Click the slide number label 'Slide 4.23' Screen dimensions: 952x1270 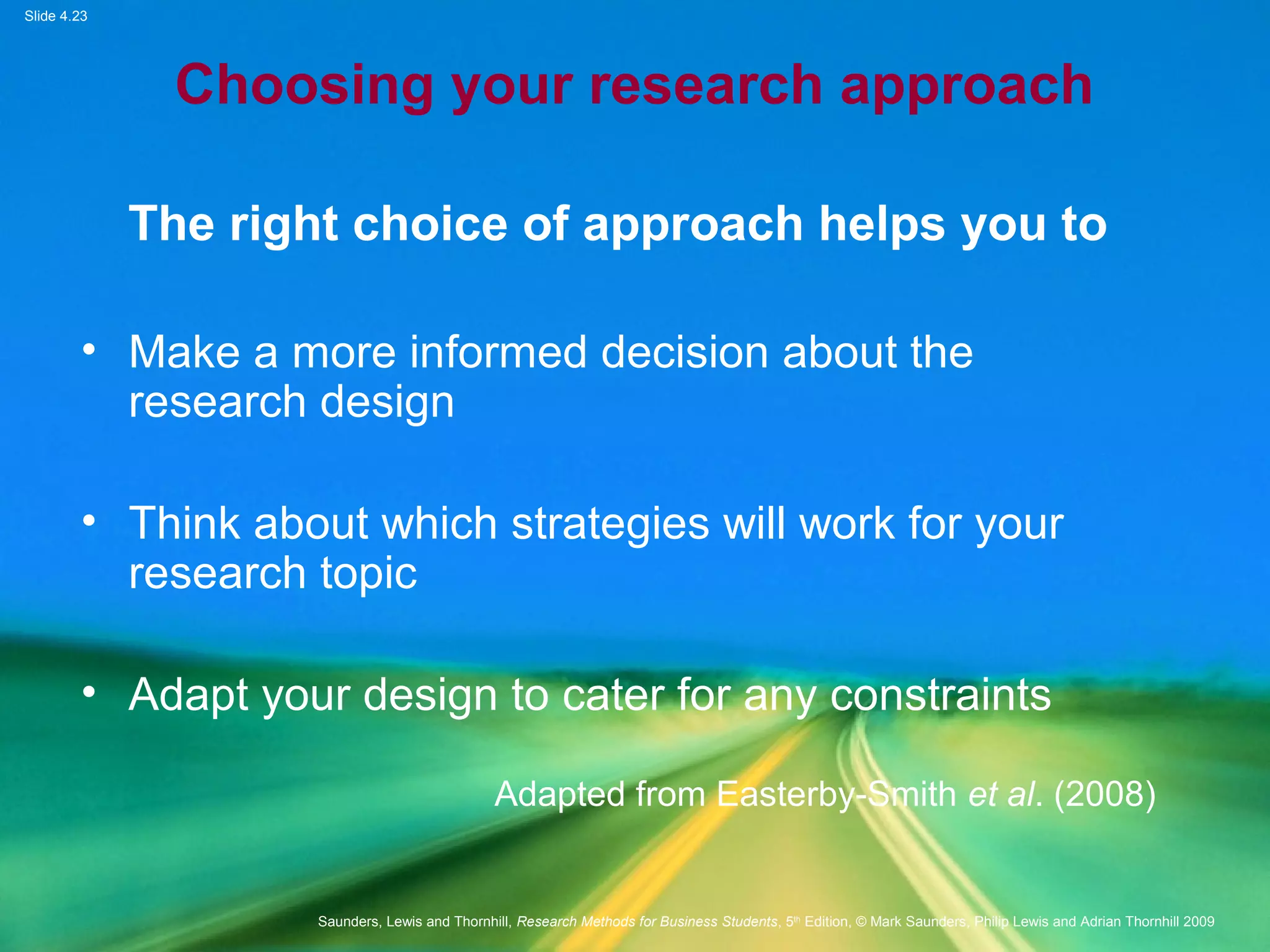[x=56, y=16]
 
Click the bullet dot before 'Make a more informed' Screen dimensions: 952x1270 [x=89, y=350]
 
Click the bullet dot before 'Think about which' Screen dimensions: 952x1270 [x=89, y=521]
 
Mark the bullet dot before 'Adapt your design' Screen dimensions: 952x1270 [x=89, y=692]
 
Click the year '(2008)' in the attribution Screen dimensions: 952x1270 [x=1104, y=794]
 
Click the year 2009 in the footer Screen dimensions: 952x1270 [x=1198, y=922]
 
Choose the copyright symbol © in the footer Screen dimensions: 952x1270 [x=861, y=922]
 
